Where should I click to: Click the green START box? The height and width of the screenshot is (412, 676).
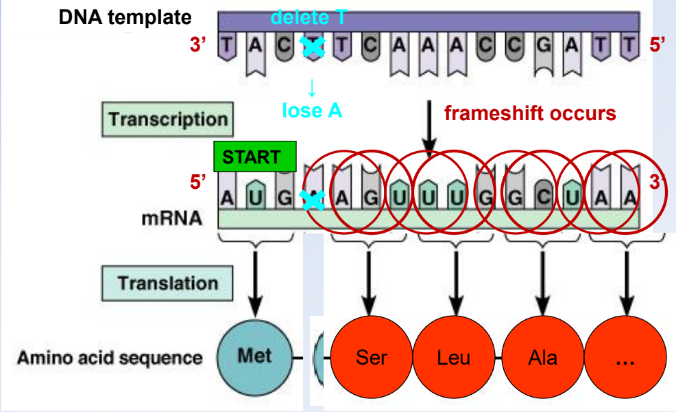(x=255, y=157)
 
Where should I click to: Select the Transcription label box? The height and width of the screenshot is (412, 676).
(x=168, y=119)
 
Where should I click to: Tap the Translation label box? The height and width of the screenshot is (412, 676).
(x=167, y=283)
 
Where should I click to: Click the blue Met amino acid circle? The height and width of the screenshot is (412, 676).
(x=255, y=357)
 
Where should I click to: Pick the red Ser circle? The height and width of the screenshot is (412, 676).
(x=371, y=357)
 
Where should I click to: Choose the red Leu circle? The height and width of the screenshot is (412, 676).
(x=453, y=357)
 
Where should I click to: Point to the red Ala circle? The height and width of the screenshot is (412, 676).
(x=542, y=357)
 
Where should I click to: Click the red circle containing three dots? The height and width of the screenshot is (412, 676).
(x=625, y=357)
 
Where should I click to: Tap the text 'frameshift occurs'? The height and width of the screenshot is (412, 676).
(x=530, y=113)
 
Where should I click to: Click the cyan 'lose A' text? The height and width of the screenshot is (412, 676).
(x=312, y=110)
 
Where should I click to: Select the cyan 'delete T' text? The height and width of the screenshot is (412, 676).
(x=309, y=17)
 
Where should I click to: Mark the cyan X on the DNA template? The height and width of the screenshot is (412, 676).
(x=313, y=46)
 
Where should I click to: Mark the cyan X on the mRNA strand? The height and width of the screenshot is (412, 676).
(x=313, y=200)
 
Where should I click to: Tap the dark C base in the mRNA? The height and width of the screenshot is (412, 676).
(x=543, y=197)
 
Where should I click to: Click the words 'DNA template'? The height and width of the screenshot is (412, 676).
(x=125, y=17)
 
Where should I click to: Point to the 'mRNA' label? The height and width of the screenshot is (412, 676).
(x=171, y=218)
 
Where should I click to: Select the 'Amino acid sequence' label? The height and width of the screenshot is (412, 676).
(x=110, y=358)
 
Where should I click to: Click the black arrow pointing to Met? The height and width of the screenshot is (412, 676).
(x=256, y=284)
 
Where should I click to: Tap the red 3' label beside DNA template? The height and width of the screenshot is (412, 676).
(x=198, y=44)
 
